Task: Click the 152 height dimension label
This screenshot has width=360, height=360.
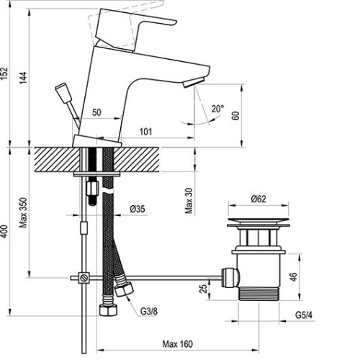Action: point(4,73)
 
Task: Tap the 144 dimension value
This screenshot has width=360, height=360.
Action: point(24,78)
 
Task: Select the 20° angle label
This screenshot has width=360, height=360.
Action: point(217,109)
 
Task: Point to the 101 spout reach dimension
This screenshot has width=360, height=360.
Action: point(145,132)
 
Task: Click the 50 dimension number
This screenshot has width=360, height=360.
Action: point(96,112)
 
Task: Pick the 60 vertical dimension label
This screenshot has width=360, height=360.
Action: point(236,116)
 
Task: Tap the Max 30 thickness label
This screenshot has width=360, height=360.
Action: point(189,201)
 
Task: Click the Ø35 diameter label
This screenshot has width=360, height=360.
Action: point(138,209)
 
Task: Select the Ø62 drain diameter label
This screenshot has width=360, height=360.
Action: point(258,199)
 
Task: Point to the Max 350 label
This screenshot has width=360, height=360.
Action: point(24,212)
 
